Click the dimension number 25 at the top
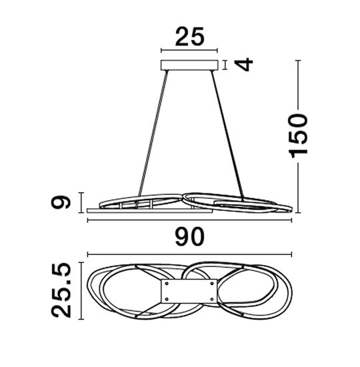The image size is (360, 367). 189,37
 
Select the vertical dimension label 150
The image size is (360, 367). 298,135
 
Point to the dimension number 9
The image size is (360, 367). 61,203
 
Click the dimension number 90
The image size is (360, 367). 189,237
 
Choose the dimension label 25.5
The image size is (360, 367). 61,290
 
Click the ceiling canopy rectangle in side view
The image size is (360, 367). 189,65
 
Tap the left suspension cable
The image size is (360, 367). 153,133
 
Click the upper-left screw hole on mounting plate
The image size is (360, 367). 167,284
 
